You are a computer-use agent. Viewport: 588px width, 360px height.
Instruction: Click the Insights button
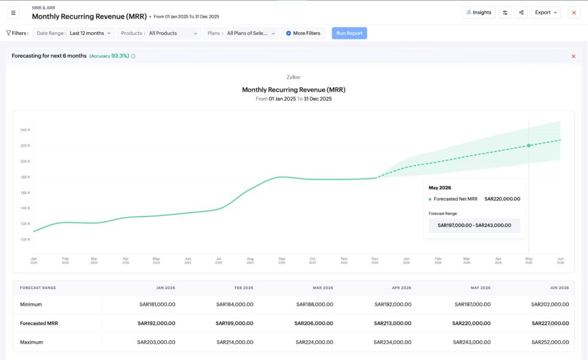click(478, 13)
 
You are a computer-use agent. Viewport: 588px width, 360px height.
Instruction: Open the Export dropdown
click(546, 13)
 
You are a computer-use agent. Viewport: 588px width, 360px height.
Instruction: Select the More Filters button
click(303, 33)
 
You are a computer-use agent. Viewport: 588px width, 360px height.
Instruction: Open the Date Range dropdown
click(73, 33)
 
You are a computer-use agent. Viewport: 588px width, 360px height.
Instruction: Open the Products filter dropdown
click(158, 33)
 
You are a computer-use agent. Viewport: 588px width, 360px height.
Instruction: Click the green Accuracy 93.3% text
click(109, 56)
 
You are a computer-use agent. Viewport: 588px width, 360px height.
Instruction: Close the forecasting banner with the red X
click(573, 56)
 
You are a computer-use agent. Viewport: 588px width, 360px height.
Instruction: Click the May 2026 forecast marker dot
click(529, 146)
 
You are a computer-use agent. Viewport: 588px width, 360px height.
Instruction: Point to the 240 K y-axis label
click(25, 130)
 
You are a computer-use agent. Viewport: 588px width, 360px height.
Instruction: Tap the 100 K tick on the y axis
click(25, 239)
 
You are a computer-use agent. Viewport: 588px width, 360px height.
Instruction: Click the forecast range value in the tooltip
click(474, 226)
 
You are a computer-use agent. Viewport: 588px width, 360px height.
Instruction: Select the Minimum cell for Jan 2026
click(156, 304)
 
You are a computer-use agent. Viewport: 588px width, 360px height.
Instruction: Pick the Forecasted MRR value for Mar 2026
click(313, 323)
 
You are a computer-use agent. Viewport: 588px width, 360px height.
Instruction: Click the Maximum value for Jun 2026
click(550, 342)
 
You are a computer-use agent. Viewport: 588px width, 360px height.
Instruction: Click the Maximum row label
click(31, 342)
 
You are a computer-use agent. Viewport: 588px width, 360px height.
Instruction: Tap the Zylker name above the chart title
click(293, 77)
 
